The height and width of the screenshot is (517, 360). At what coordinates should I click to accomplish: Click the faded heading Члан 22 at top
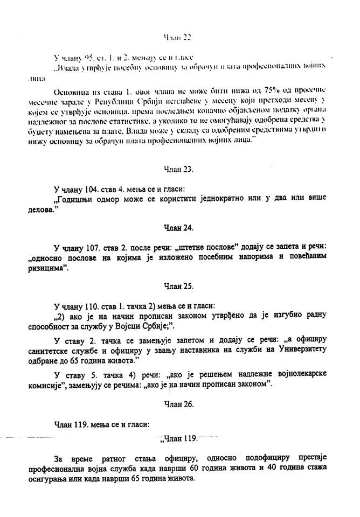(x=177, y=37)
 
